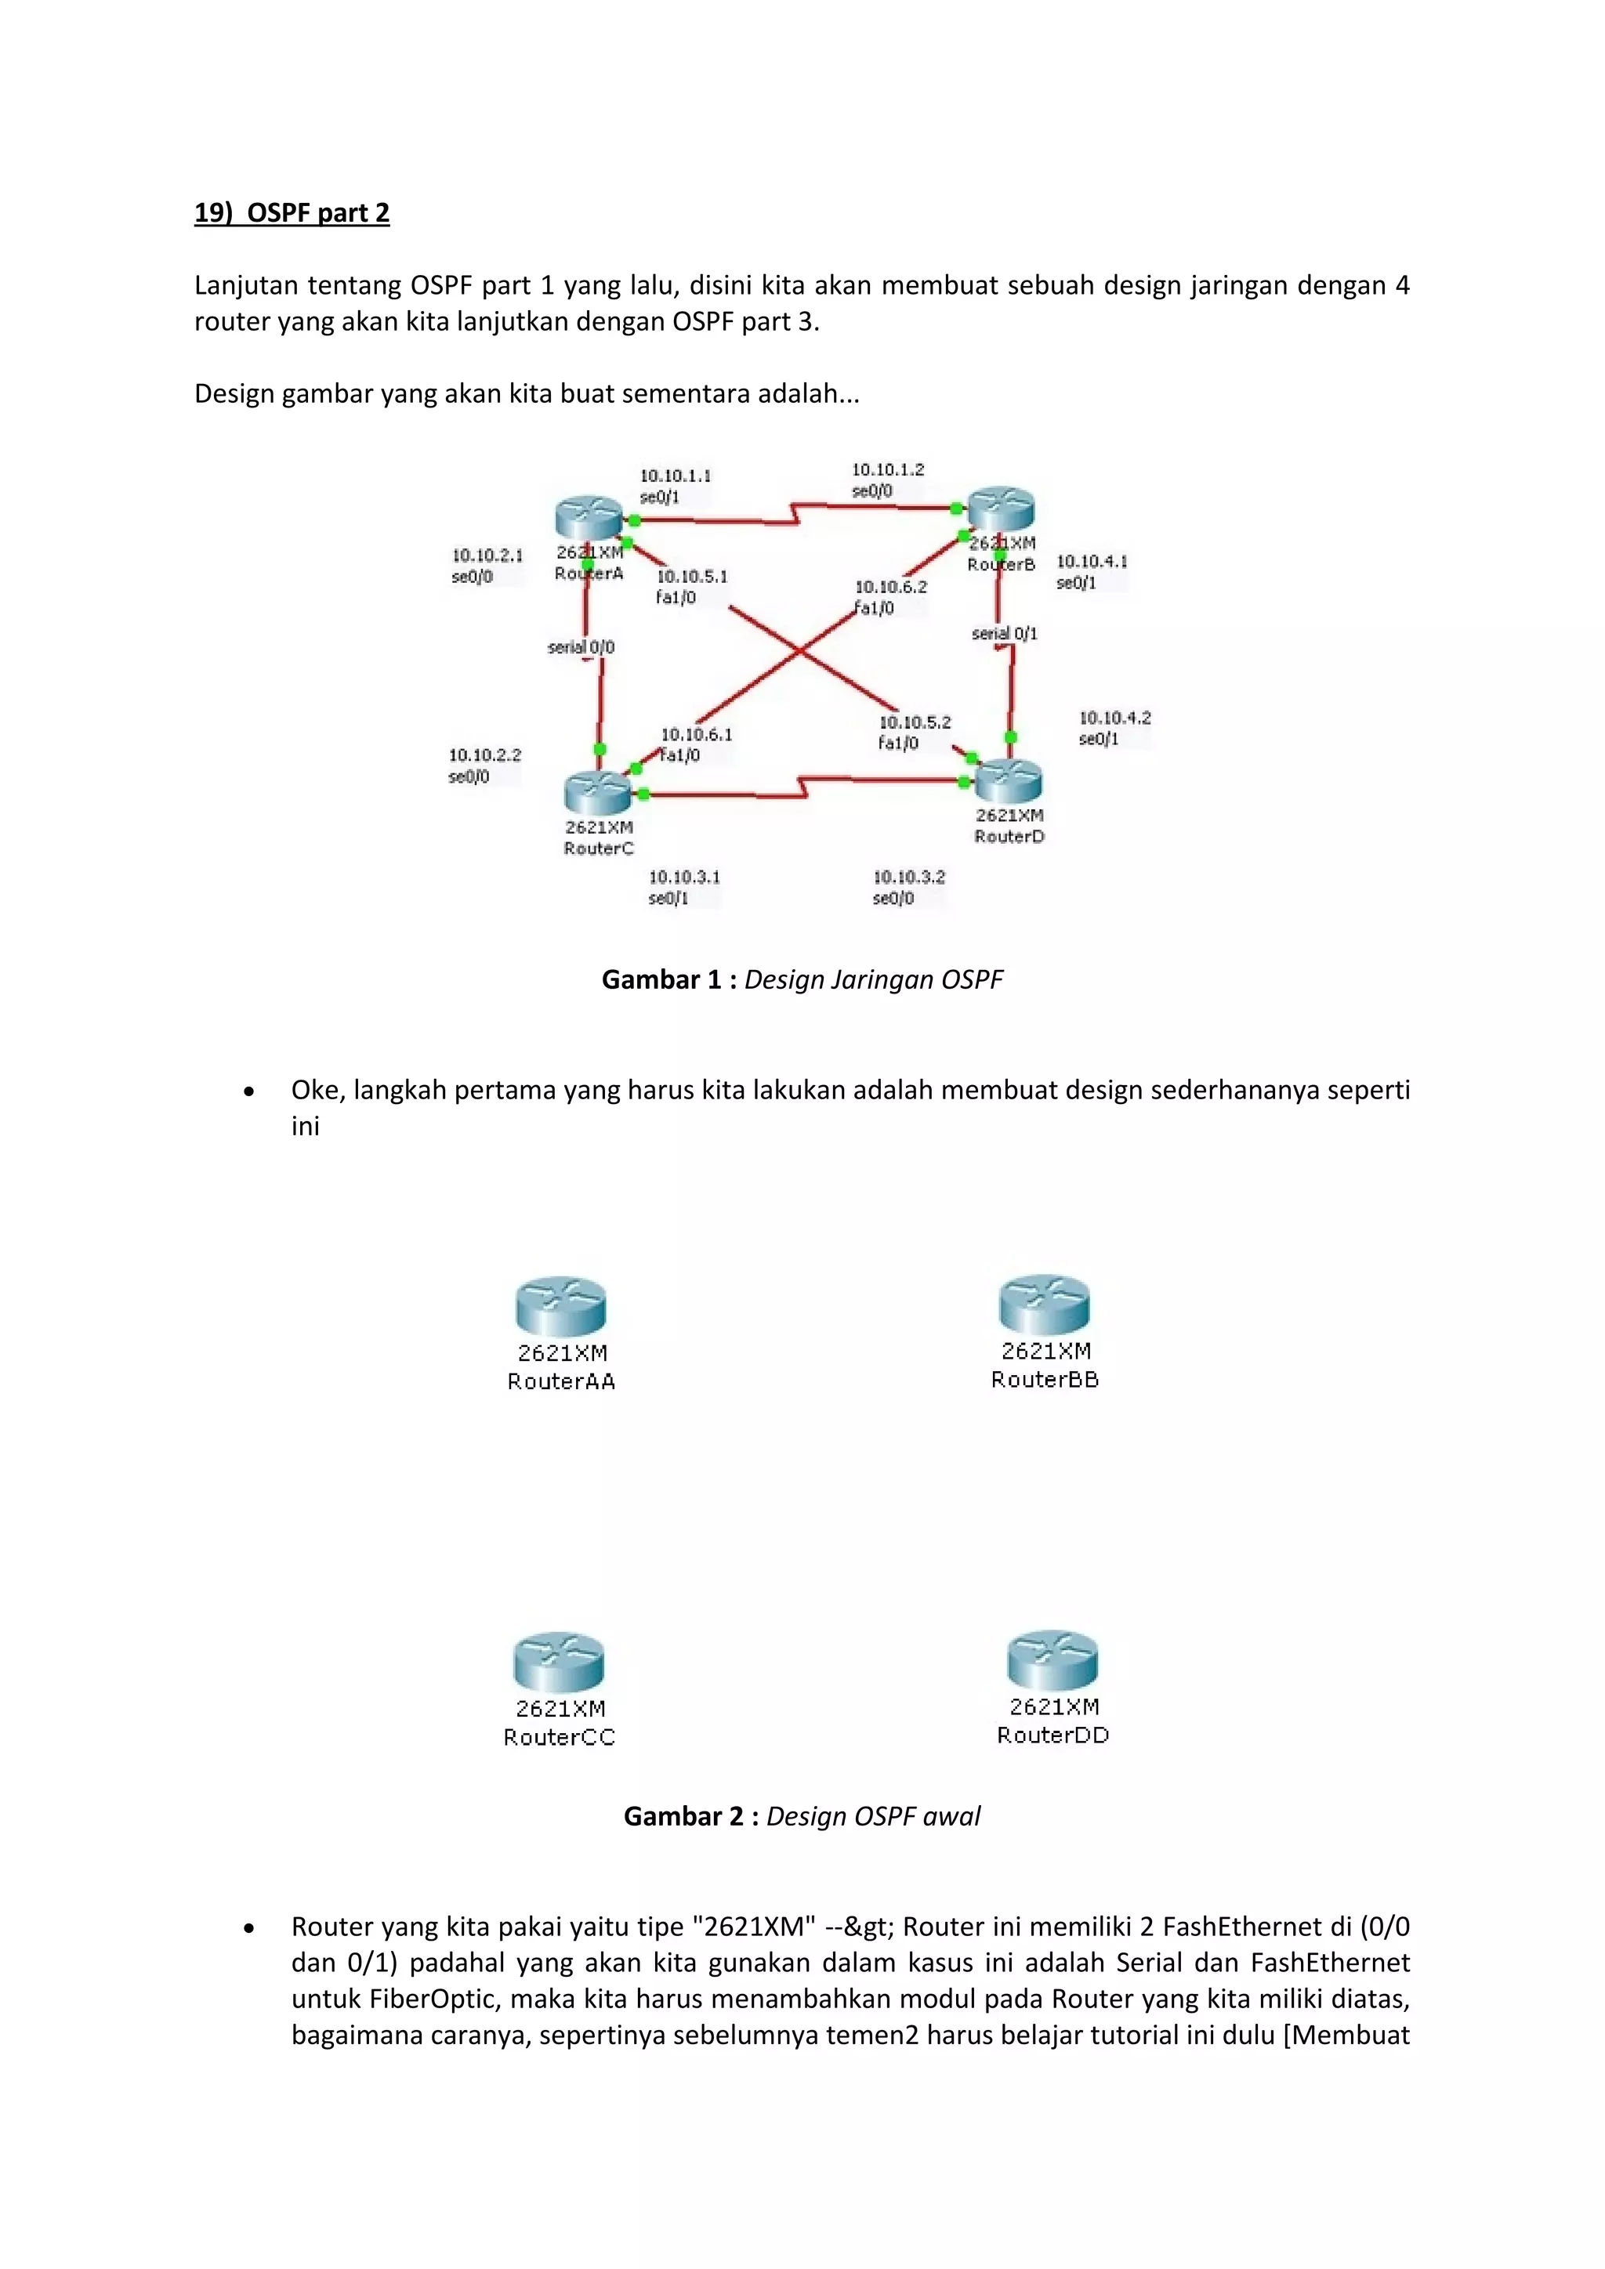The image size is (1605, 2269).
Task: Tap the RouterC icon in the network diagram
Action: pyautogui.click(x=597, y=791)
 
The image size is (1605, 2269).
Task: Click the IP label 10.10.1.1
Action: pyautogui.click(x=675, y=476)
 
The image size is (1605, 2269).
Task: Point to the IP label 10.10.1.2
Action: pyautogui.click(x=887, y=469)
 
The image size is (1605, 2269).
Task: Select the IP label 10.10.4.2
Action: pyautogui.click(x=1115, y=718)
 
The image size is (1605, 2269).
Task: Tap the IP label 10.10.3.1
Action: pyautogui.click(x=684, y=877)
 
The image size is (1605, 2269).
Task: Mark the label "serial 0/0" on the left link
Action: pyautogui.click(x=581, y=647)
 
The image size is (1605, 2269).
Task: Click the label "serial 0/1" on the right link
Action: pyautogui.click(x=1004, y=634)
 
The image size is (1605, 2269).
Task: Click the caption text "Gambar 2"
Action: pyautogui.click(x=683, y=1816)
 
